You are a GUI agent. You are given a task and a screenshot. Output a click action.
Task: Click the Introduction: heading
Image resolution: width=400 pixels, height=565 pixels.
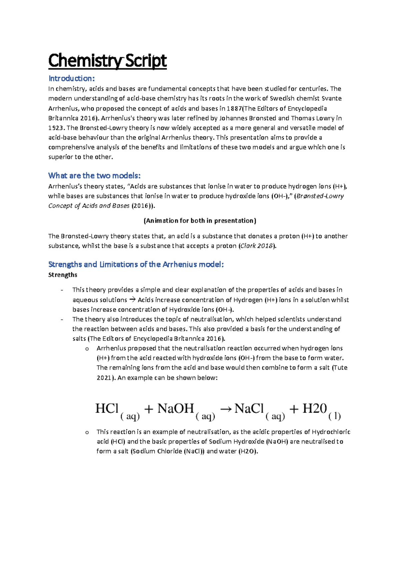(x=72, y=79)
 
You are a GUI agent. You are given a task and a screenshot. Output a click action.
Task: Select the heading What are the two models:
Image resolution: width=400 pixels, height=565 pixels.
(x=94, y=176)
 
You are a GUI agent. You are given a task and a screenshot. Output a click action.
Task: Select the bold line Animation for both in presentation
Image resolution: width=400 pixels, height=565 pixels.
(x=200, y=221)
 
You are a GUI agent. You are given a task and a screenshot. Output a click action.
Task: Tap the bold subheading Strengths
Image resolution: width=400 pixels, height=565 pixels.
(x=63, y=275)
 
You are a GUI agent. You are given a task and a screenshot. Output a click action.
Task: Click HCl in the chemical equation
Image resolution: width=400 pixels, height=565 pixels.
(x=107, y=408)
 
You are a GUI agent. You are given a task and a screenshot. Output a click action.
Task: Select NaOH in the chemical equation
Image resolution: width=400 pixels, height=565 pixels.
(x=176, y=408)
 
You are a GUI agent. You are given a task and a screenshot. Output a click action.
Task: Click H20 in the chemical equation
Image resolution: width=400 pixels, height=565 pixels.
(x=314, y=408)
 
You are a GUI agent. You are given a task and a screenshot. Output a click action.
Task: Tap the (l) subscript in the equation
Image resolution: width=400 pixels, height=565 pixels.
(x=334, y=416)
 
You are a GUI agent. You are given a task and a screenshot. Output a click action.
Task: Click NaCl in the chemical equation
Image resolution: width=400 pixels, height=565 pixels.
(x=249, y=408)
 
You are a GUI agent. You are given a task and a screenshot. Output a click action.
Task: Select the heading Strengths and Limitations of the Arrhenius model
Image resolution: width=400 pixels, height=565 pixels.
(x=136, y=265)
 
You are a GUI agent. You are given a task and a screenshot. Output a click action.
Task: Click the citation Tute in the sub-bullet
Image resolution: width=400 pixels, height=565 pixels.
(x=340, y=368)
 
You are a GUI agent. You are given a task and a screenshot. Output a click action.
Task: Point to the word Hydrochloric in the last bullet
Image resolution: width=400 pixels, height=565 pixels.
(x=331, y=432)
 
